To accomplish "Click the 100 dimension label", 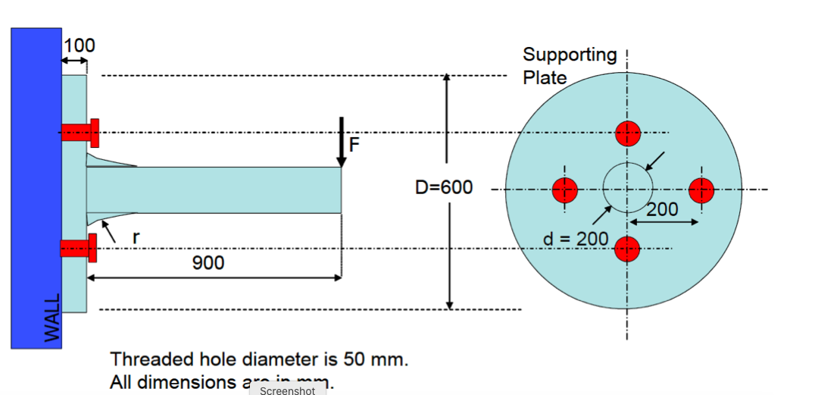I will (x=80, y=45).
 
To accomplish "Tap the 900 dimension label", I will (x=208, y=263).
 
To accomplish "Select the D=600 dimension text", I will (x=444, y=187).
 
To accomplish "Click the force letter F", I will (x=354, y=144).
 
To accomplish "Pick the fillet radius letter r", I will (x=136, y=237).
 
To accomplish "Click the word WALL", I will (x=52, y=319).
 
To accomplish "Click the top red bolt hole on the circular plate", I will (x=628, y=133).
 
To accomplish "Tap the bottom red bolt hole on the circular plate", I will (x=628, y=248).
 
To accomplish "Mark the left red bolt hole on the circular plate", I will (x=565, y=189).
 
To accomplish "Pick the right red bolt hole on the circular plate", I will (x=701, y=189).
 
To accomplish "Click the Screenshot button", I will (x=287, y=390).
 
